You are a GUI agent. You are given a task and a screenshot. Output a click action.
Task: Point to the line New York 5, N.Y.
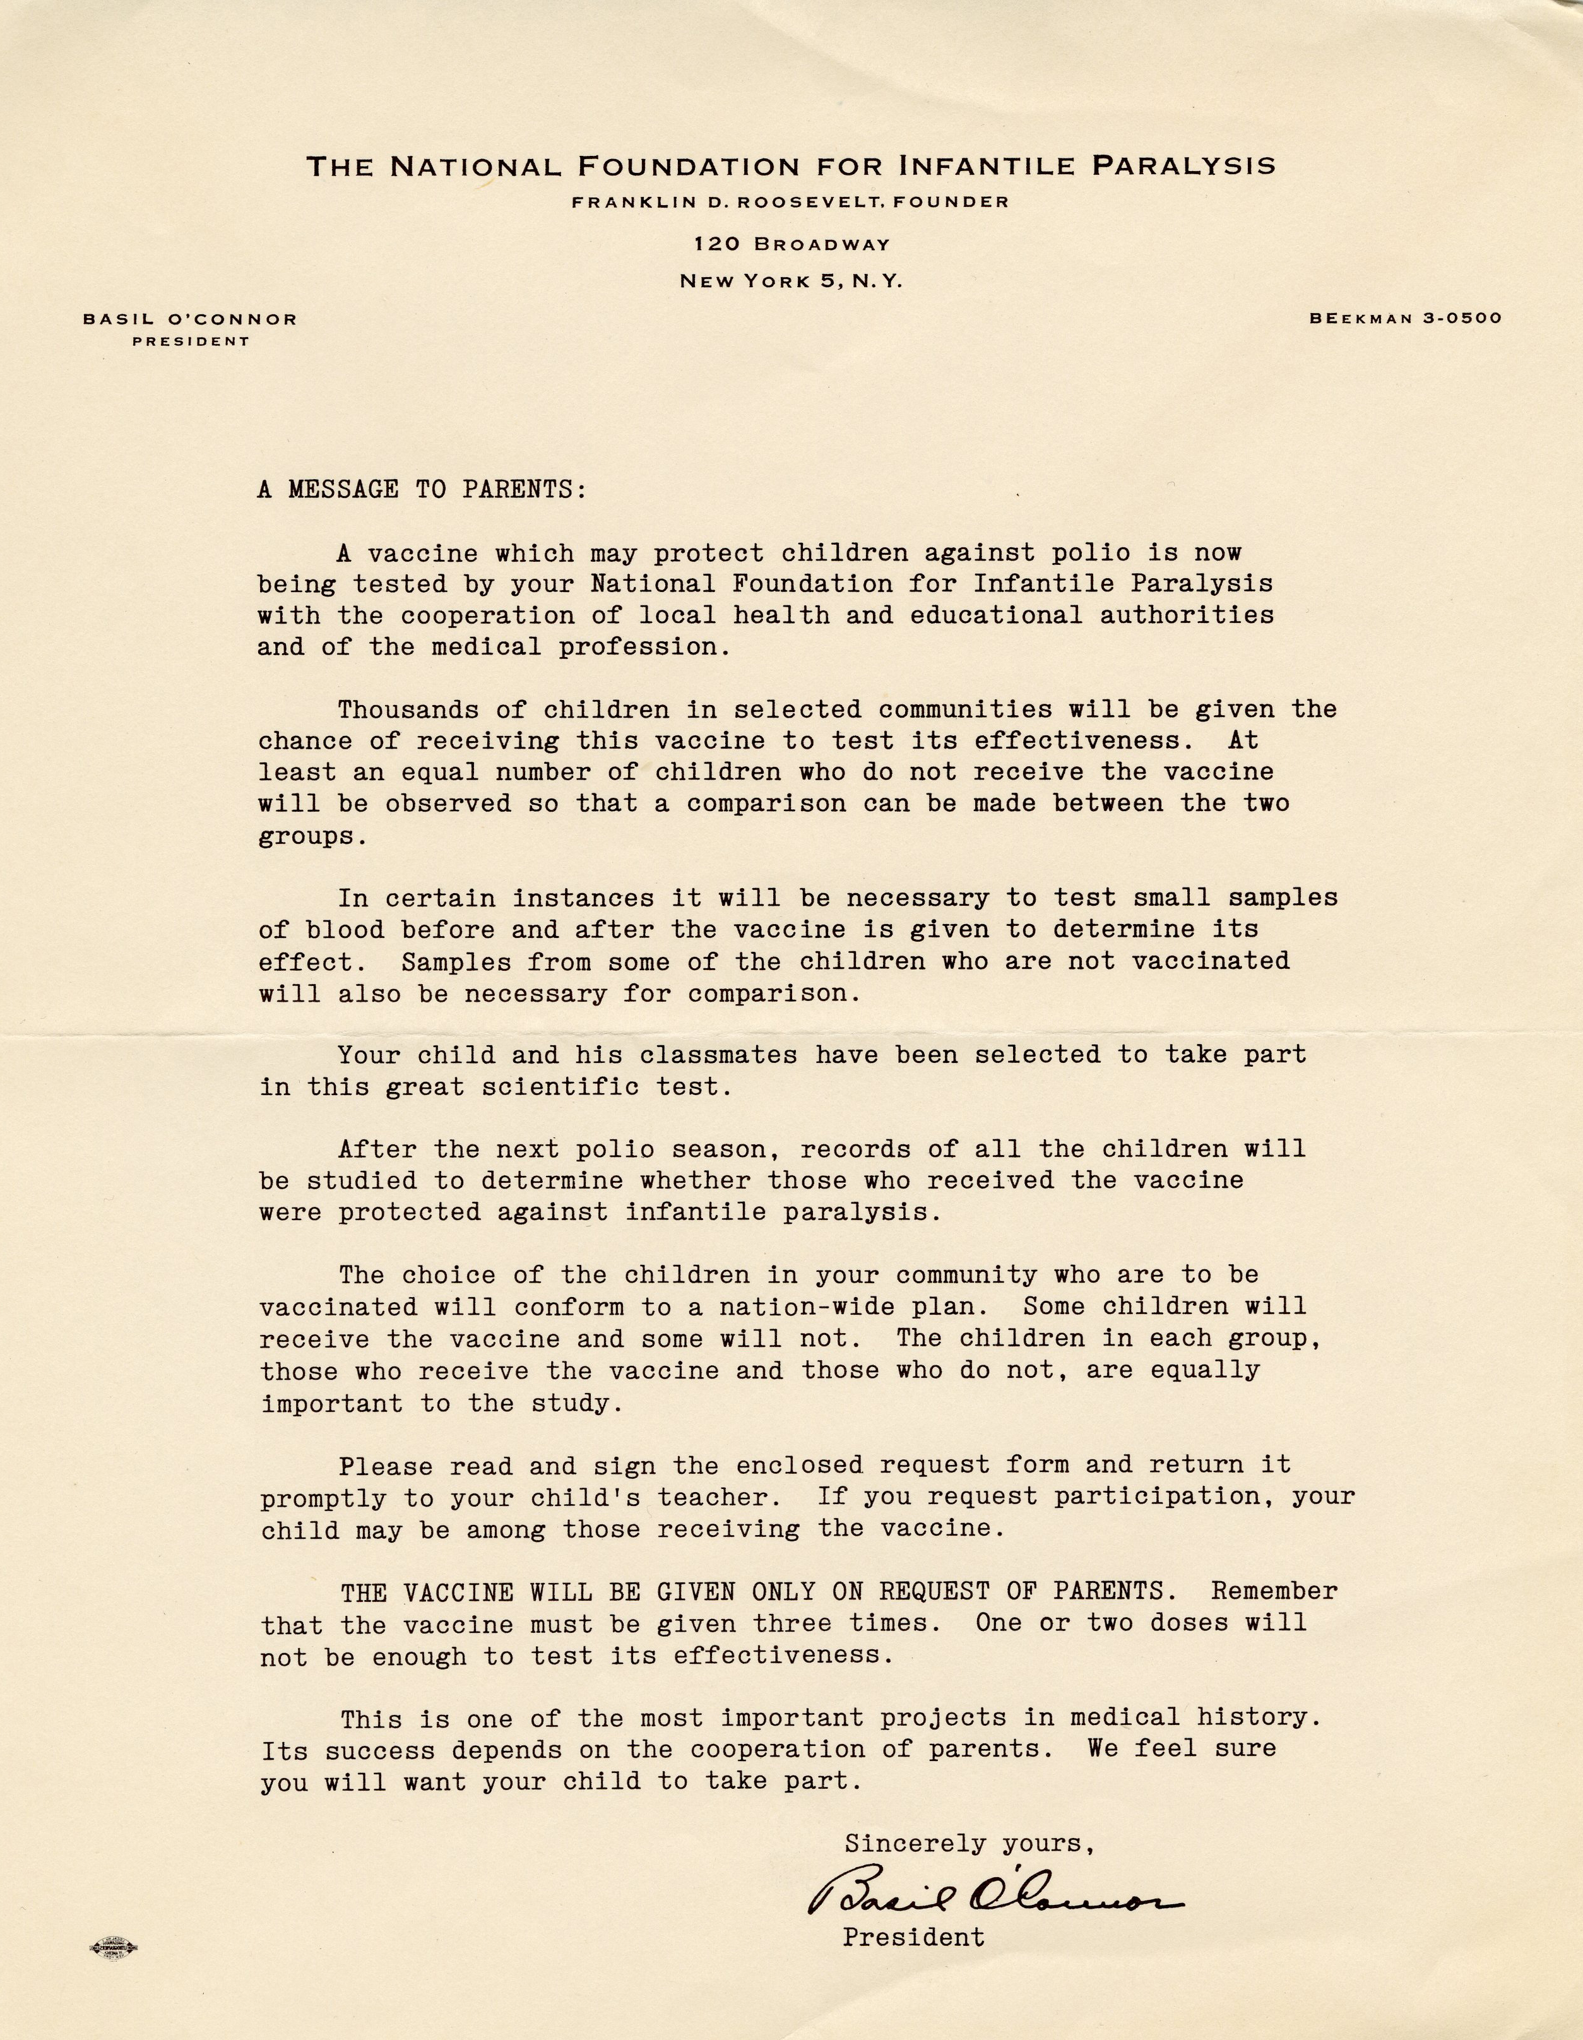pyautogui.click(x=791, y=281)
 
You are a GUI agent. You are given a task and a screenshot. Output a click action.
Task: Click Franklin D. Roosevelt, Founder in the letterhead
pyautogui.click(x=791, y=202)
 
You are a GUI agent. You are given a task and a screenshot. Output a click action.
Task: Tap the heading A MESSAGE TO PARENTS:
pyautogui.click(x=422, y=489)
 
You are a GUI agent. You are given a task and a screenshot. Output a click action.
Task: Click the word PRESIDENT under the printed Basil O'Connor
pyautogui.click(x=191, y=342)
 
